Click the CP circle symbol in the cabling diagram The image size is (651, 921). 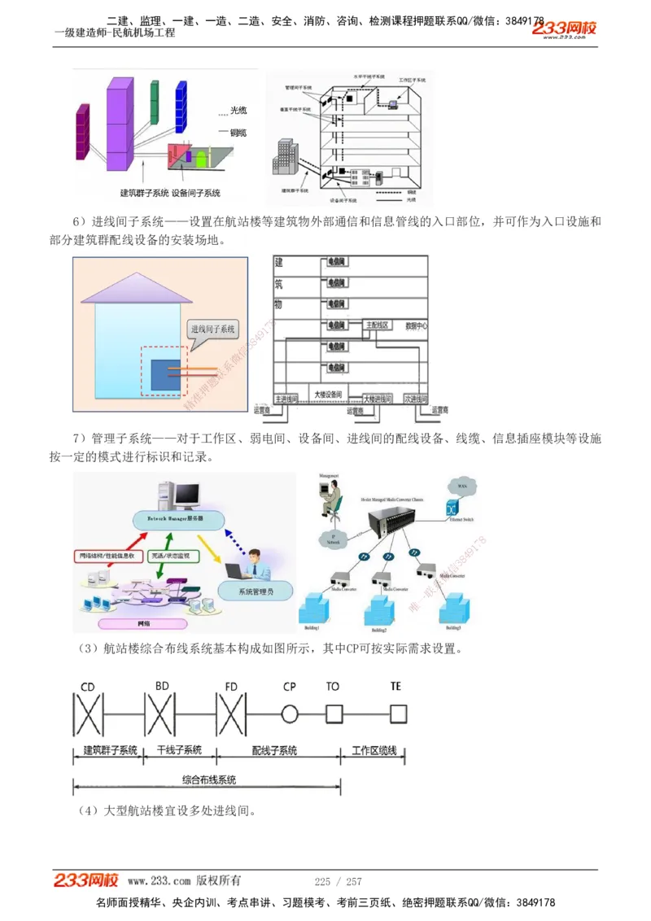pyautogui.click(x=290, y=714)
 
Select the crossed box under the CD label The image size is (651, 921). pyautogui.click(x=88, y=714)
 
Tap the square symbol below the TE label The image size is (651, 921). pyautogui.click(x=396, y=714)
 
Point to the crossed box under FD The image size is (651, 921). pyautogui.click(x=231, y=714)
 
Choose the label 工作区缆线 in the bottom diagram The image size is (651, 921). pyautogui.click(x=374, y=750)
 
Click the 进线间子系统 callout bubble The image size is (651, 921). pyautogui.click(x=212, y=330)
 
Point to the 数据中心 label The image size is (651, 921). pyautogui.click(x=416, y=325)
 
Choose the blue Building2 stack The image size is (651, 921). pyautogui.click(x=379, y=612)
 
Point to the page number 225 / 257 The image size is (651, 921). pyautogui.click(x=338, y=881)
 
